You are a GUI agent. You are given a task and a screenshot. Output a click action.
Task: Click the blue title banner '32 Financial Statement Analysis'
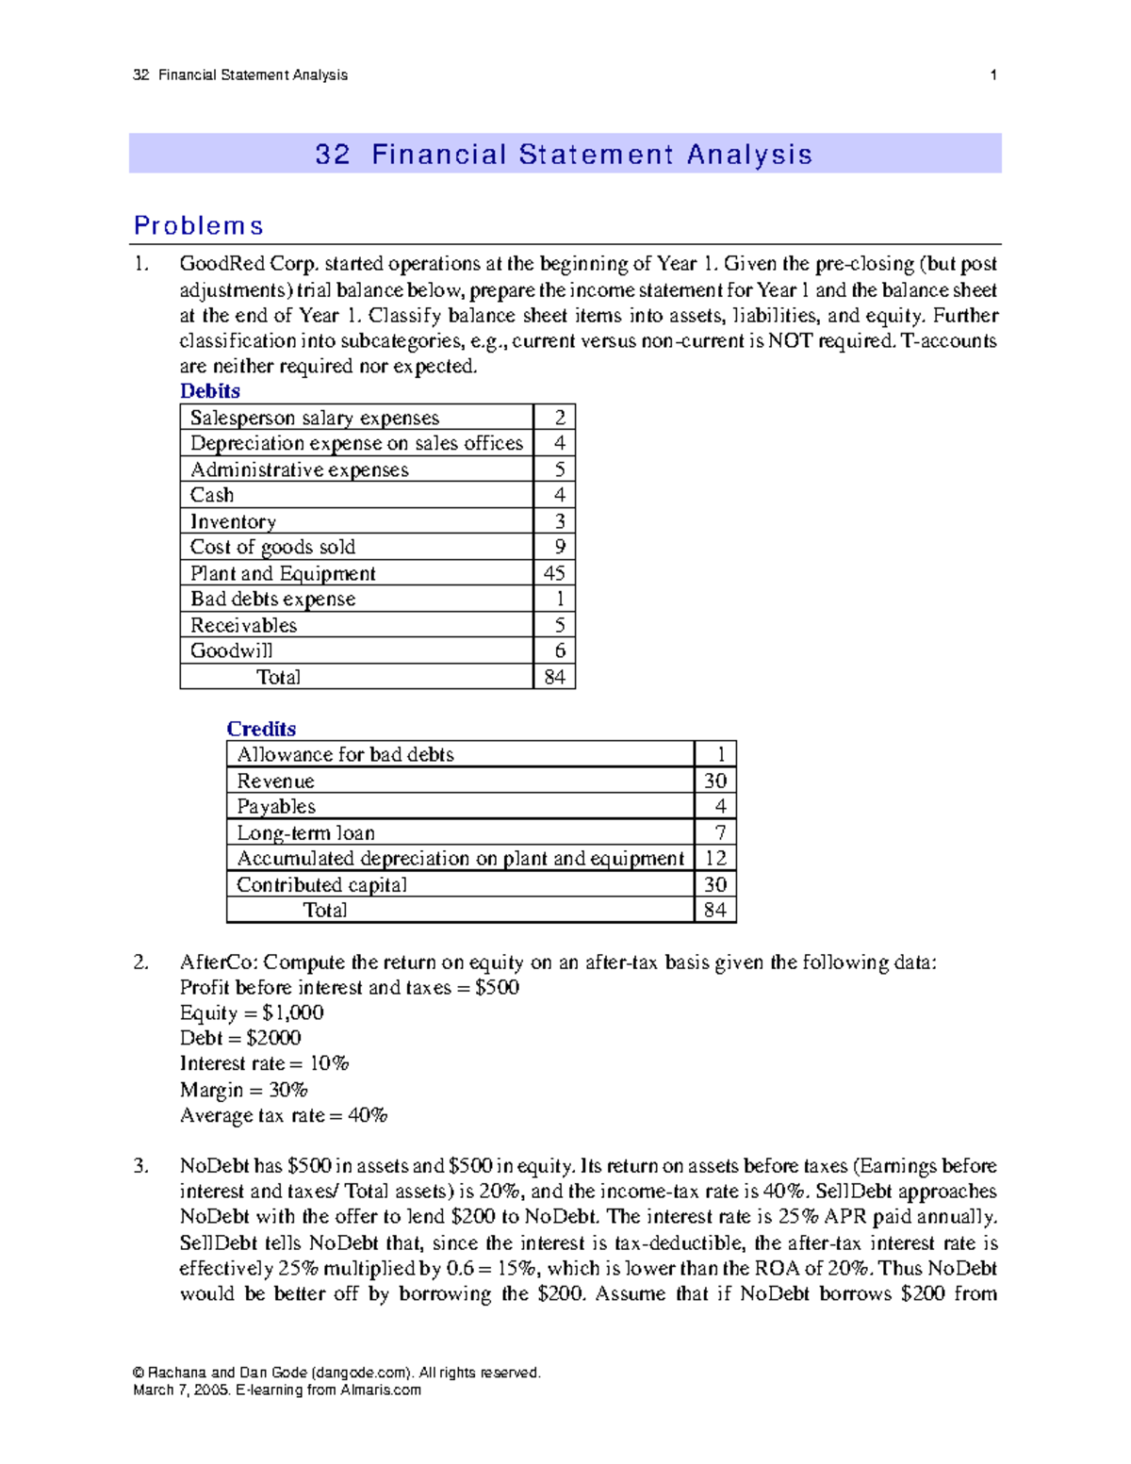(x=564, y=154)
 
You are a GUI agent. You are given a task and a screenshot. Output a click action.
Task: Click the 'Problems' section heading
(x=198, y=226)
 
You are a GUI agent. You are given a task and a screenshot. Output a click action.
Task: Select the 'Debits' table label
(x=210, y=391)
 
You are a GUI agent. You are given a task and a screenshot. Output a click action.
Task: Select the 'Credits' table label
(x=261, y=729)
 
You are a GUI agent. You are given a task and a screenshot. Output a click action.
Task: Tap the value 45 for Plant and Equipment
(x=554, y=573)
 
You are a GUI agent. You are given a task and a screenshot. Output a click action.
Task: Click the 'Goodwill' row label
(x=232, y=650)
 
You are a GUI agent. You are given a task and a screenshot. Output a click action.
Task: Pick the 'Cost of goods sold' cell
(x=272, y=547)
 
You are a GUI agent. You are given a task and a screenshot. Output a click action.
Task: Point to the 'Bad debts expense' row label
(x=272, y=599)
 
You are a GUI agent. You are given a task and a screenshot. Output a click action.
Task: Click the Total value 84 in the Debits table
(x=554, y=677)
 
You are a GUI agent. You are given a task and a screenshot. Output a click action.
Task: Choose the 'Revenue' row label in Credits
(x=275, y=781)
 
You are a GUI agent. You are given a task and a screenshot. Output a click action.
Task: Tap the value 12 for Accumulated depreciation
(x=715, y=858)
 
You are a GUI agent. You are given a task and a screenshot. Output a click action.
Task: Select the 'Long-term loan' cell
(x=305, y=832)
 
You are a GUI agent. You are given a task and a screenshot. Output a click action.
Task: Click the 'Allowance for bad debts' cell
(x=345, y=754)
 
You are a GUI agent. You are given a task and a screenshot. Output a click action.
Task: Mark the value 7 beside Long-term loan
(x=720, y=832)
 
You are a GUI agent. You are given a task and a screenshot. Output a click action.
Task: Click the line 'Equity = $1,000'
(x=252, y=1012)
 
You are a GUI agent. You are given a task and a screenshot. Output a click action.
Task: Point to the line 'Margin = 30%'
(x=243, y=1090)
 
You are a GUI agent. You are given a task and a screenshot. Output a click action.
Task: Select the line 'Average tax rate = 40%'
(x=283, y=1115)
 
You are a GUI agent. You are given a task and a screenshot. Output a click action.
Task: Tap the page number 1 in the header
(x=993, y=74)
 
